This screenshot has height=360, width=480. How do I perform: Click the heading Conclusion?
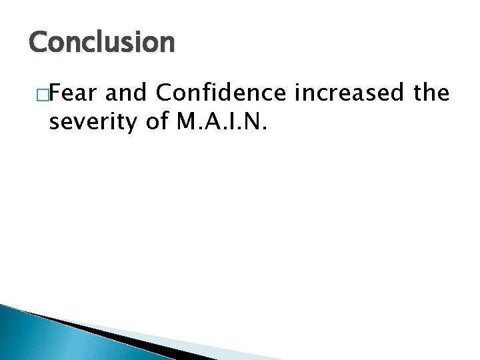[101, 43]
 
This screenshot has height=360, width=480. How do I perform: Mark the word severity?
[90, 122]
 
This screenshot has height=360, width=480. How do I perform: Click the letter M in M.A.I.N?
[185, 122]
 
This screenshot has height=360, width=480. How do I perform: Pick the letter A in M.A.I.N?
[210, 122]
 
